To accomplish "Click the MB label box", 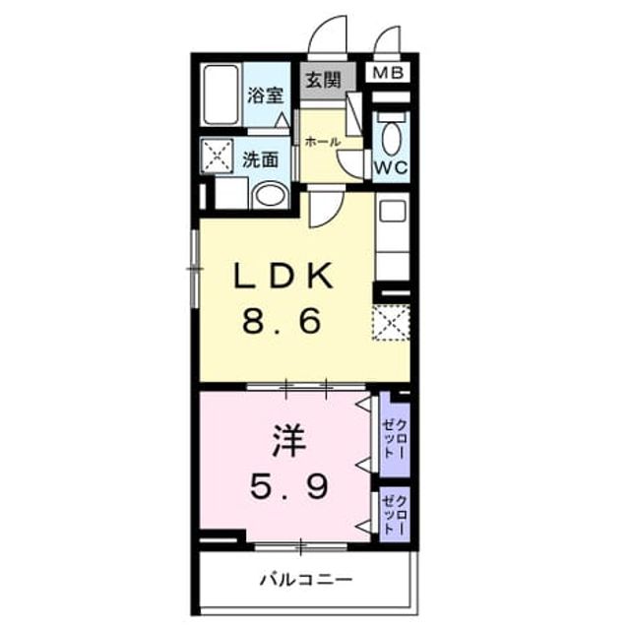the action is pyautogui.click(x=388, y=73).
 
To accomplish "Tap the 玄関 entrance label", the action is pyautogui.click(x=324, y=80).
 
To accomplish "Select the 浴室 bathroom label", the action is pyautogui.click(x=265, y=95).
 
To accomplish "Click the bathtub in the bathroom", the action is pyautogui.click(x=220, y=95).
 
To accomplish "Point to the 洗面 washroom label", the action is pyautogui.click(x=260, y=159).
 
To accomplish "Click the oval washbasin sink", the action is pyautogui.click(x=271, y=196).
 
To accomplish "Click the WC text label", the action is pyautogui.click(x=391, y=167).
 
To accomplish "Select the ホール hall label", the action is pyautogui.click(x=323, y=142).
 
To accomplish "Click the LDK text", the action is pyautogui.click(x=283, y=276).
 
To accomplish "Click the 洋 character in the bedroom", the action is pyautogui.click(x=288, y=441).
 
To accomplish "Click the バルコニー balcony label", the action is pyautogui.click(x=306, y=579).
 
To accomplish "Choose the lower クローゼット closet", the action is pyautogui.click(x=395, y=514).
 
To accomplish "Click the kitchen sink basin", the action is pyautogui.click(x=393, y=211).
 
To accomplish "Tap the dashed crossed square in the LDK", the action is pyautogui.click(x=392, y=323).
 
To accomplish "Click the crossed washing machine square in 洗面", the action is pyautogui.click(x=217, y=157).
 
